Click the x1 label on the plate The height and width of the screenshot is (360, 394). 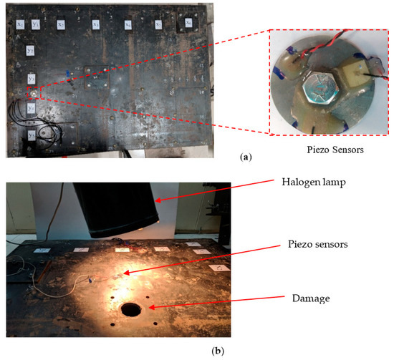[20, 25]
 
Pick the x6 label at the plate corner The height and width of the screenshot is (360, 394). [188, 23]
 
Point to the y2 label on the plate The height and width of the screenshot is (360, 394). [31, 52]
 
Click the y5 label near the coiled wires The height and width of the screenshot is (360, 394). [32, 134]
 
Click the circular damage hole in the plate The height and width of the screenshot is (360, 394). [132, 310]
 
